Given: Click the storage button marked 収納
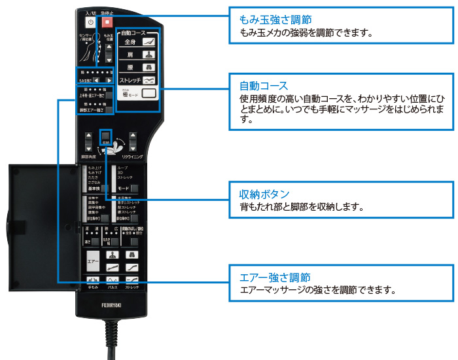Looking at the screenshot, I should [x=105, y=136].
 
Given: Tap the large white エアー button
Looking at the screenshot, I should [x=94, y=261].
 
